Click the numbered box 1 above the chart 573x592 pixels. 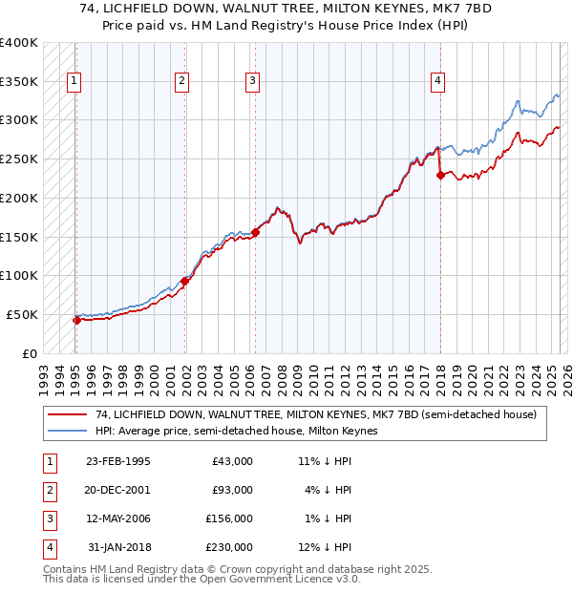click(x=74, y=82)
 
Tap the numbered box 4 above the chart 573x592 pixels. click(x=437, y=82)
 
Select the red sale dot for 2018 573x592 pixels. click(x=440, y=174)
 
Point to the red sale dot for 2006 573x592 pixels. click(x=256, y=232)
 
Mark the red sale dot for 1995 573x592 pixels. click(x=76, y=320)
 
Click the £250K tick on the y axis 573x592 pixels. click(x=19, y=159)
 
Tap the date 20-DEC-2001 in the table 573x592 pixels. click(x=117, y=490)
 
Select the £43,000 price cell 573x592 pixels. click(x=232, y=461)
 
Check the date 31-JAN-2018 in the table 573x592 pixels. click(x=118, y=547)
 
